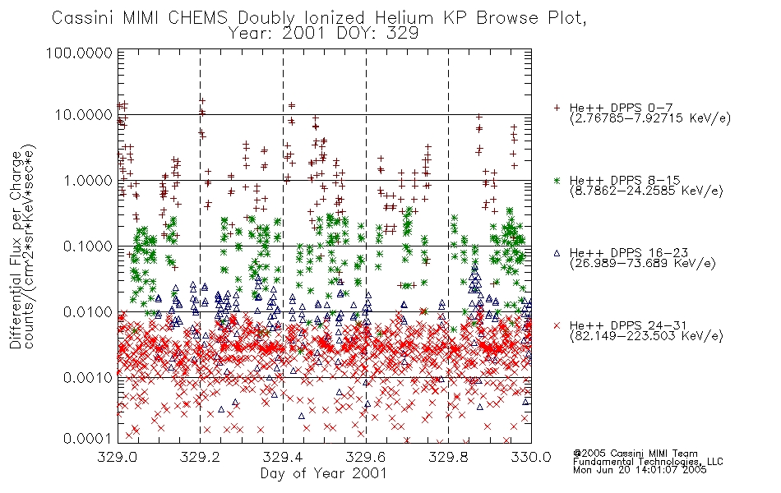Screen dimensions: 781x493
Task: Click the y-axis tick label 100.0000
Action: click(79, 53)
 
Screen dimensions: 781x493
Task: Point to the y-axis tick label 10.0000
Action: click(83, 115)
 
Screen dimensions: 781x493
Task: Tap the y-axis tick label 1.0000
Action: click(87, 180)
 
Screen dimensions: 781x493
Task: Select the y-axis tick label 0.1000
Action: click(87, 246)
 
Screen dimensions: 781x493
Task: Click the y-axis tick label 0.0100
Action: click(87, 311)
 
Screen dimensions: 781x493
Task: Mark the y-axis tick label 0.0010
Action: click(87, 377)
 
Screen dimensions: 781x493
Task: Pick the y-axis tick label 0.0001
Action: click(87, 438)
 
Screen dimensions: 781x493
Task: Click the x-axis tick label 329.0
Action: click(118, 457)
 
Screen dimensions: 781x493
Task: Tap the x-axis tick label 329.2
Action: click(201, 457)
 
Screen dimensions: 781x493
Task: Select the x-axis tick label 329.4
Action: click(283, 457)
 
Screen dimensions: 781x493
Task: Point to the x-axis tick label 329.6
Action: click(366, 457)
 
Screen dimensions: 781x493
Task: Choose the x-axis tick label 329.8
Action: click(448, 457)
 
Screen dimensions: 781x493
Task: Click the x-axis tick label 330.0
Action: click(531, 457)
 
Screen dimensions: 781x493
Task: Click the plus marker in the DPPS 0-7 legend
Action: click(557, 108)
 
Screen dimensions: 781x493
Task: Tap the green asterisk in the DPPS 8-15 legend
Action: click(557, 181)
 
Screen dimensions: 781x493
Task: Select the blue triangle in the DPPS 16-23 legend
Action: click(557, 253)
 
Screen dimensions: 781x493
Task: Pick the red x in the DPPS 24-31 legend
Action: click(557, 325)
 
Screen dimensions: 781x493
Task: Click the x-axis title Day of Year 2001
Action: click(323, 473)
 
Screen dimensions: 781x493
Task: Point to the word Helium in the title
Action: click(404, 18)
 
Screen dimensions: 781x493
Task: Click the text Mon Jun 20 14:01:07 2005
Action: click(640, 470)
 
